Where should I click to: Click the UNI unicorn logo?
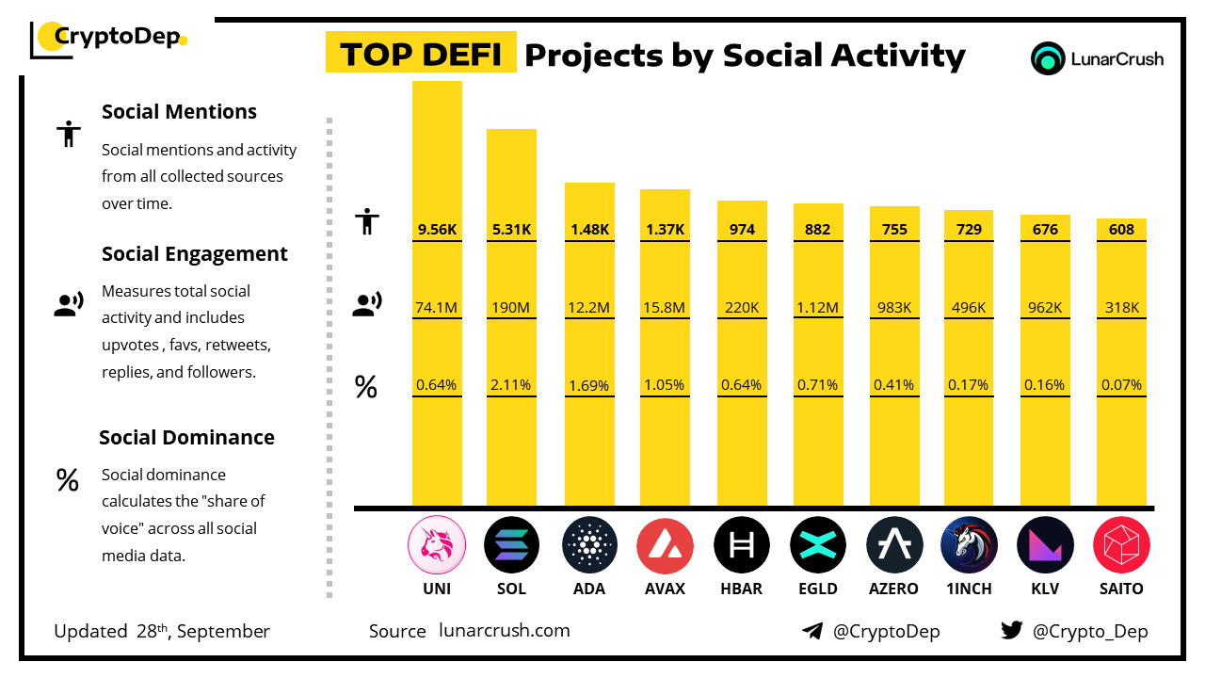tap(437, 545)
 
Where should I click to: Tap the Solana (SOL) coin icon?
tap(511, 545)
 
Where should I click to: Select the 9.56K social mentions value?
tap(437, 229)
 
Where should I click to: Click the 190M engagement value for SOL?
tap(511, 307)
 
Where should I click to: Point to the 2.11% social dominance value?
tap(511, 384)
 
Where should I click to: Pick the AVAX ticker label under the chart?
tap(665, 589)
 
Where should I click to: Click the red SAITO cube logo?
tap(1121, 545)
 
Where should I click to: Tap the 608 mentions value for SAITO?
tap(1121, 229)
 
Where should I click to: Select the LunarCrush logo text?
tap(1117, 58)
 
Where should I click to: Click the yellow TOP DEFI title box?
tap(421, 55)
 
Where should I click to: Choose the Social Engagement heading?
tap(195, 254)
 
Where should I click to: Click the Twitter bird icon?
tap(1012, 631)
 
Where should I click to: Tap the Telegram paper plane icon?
tap(812, 631)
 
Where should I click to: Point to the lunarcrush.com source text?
tap(505, 631)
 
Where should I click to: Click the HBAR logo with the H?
tap(741, 545)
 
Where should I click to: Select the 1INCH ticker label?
tap(969, 589)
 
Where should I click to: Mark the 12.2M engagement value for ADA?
tap(589, 307)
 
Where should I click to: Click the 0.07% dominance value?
tap(1121, 384)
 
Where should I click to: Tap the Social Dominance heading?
tap(186, 438)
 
